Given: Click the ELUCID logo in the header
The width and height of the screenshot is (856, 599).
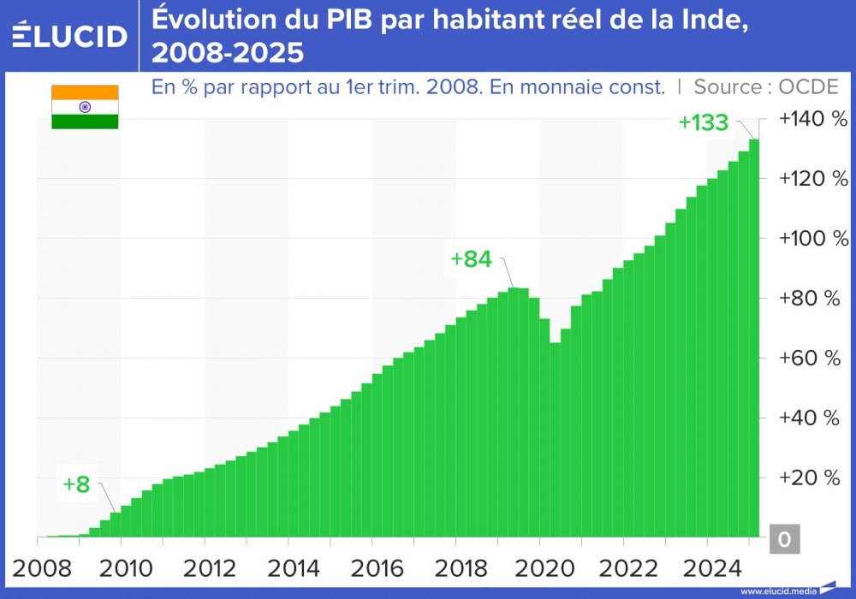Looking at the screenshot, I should click(x=70, y=35).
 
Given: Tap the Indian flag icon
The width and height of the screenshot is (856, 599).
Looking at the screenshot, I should click(x=85, y=107).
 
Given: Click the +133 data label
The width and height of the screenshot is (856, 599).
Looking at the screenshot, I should click(x=703, y=122).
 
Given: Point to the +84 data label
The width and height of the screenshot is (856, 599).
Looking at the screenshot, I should click(x=472, y=259).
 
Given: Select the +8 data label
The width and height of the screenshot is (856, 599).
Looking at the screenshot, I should click(x=76, y=484).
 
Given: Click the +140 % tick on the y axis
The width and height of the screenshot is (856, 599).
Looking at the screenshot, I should click(x=812, y=119).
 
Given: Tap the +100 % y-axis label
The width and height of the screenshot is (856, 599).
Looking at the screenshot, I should click(x=812, y=238).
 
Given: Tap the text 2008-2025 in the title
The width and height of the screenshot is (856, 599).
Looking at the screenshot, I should click(x=227, y=53).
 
